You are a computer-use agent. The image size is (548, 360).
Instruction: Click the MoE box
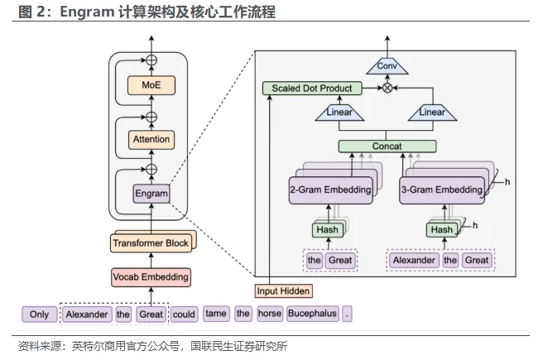[x=151, y=84]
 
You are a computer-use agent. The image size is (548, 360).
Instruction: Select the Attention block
[x=151, y=139]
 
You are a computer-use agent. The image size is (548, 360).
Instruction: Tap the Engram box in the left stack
[x=151, y=194]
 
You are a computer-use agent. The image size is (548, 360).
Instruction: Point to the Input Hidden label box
[x=283, y=290]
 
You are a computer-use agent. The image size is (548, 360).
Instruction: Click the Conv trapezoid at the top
[x=387, y=65]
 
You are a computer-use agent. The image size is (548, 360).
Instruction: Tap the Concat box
[x=387, y=146]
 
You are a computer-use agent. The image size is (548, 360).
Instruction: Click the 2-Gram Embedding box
[x=329, y=190]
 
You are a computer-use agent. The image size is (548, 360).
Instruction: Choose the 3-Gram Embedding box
[x=440, y=190]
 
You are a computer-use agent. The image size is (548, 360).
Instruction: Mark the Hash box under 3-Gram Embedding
[x=440, y=229]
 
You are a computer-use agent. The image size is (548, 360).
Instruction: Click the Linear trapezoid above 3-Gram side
[x=432, y=113]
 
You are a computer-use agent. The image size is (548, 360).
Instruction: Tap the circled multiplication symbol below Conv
[x=387, y=88]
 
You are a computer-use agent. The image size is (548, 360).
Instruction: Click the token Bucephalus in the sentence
[x=312, y=314]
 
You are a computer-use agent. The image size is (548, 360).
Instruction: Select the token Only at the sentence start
[x=39, y=314]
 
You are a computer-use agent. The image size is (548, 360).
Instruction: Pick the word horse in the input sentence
[x=269, y=314]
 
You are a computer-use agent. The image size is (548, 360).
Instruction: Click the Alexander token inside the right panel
[x=414, y=260]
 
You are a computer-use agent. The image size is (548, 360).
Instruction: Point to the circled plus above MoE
[x=151, y=60]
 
